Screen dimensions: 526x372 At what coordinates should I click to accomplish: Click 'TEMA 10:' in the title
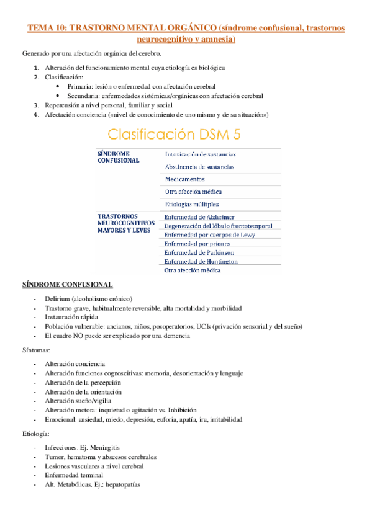click(x=47, y=28)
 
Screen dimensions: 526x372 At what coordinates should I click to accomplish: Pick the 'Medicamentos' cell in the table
click(x=186, y=180)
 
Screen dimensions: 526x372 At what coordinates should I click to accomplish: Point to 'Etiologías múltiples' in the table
click(x=192, y=204)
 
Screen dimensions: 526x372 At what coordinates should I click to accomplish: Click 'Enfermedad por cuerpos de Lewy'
click(x=209, y=235)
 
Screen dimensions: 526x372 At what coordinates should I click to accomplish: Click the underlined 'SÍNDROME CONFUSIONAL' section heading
click(x=67, y=284)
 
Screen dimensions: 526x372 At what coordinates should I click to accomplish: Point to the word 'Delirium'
click(x=58, y=299)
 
